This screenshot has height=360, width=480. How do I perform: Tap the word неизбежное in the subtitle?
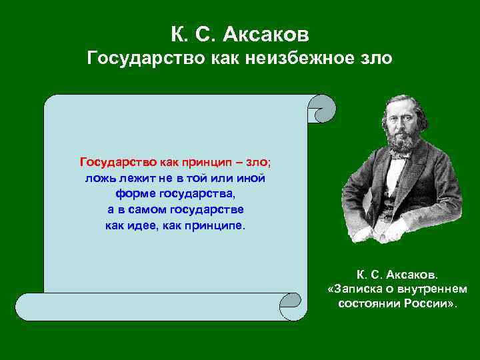coord(299,59)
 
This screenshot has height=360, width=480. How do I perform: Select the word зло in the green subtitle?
coord(377,59)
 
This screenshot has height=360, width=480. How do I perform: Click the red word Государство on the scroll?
coord(118,162)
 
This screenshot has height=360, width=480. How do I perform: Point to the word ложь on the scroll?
coord(99,178)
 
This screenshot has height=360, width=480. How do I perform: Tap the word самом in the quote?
coord(147,210)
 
